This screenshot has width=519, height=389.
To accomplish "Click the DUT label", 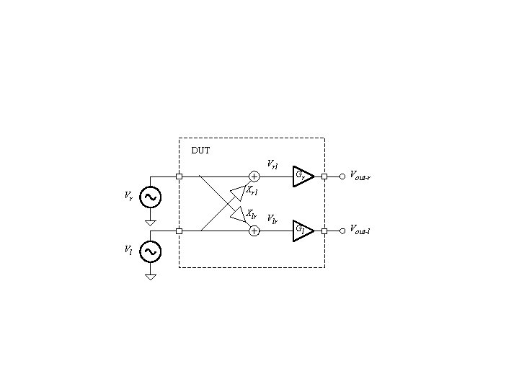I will tap(200, 151).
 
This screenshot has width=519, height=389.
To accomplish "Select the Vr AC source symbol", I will tap(151, 196).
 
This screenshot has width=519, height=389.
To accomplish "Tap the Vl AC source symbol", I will tap(151, 251).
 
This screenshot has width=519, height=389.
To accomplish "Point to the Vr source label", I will tap(128, 195).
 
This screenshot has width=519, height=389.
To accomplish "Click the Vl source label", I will tap(128, 250).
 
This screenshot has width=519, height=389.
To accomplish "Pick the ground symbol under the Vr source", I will tap(151, 223).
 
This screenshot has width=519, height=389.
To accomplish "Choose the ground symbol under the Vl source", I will tap(151, 277).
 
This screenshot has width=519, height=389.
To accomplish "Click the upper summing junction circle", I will tap(254, 176).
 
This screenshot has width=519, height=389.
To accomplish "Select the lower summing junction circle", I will tap(254, 231).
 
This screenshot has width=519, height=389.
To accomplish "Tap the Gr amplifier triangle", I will tap(302, 176).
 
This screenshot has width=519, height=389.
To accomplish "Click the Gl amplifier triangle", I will tap(302, 231).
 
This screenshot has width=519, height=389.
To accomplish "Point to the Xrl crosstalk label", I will tap(252, 192).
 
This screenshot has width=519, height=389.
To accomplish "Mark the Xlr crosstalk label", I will tap(252, 214).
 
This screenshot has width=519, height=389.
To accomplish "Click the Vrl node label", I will tap(272, 164).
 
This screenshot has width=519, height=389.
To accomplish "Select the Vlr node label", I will tap(272, 218).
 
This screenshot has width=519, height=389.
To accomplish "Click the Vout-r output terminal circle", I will tap(342, 176).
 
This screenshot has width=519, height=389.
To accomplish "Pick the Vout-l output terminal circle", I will tap(342, 231).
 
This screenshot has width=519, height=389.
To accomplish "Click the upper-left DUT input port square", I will tap(179, 176).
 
